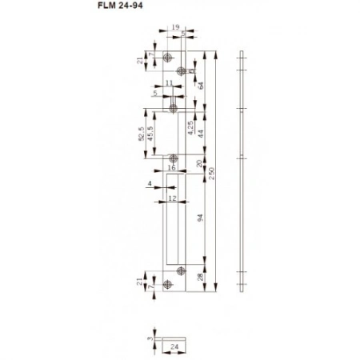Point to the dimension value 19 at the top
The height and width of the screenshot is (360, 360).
(175, 28)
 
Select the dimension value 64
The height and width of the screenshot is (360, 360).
(199, 82)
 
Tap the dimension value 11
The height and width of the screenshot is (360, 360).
(169, 82)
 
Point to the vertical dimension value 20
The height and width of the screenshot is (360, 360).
(199, 163)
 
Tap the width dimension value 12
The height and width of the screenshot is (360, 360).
(173, 197)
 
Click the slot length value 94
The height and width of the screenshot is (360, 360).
(200, 218)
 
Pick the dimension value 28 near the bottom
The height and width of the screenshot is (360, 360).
(200, 277)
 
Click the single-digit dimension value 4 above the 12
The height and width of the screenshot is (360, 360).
(150, 186)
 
